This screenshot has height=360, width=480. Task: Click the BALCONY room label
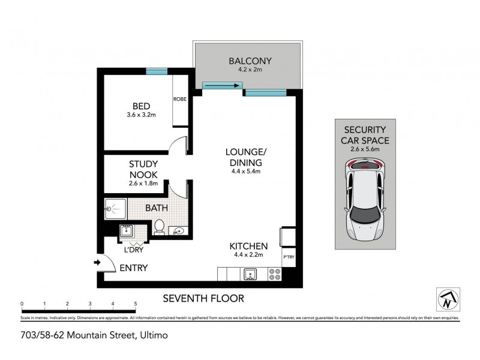tap(251, 61)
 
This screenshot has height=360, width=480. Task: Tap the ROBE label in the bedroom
tap(179, 99)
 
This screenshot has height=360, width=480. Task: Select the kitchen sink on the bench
tap(250, 275)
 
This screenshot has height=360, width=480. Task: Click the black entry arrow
tap(97, 262)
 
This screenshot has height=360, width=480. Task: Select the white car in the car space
tap(365, 199)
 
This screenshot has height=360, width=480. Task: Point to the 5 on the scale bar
tap(136, 304)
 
